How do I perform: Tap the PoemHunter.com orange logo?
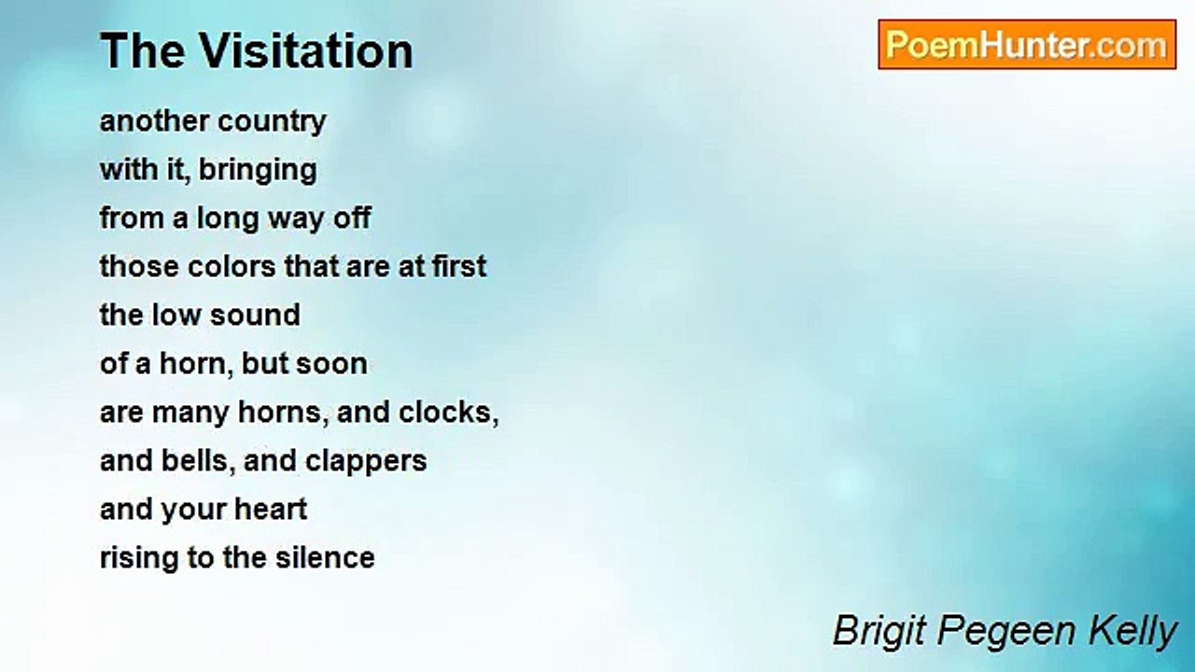1027,45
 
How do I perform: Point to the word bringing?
259,171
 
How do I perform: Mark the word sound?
255,315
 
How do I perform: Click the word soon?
331,364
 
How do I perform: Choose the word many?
190,413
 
